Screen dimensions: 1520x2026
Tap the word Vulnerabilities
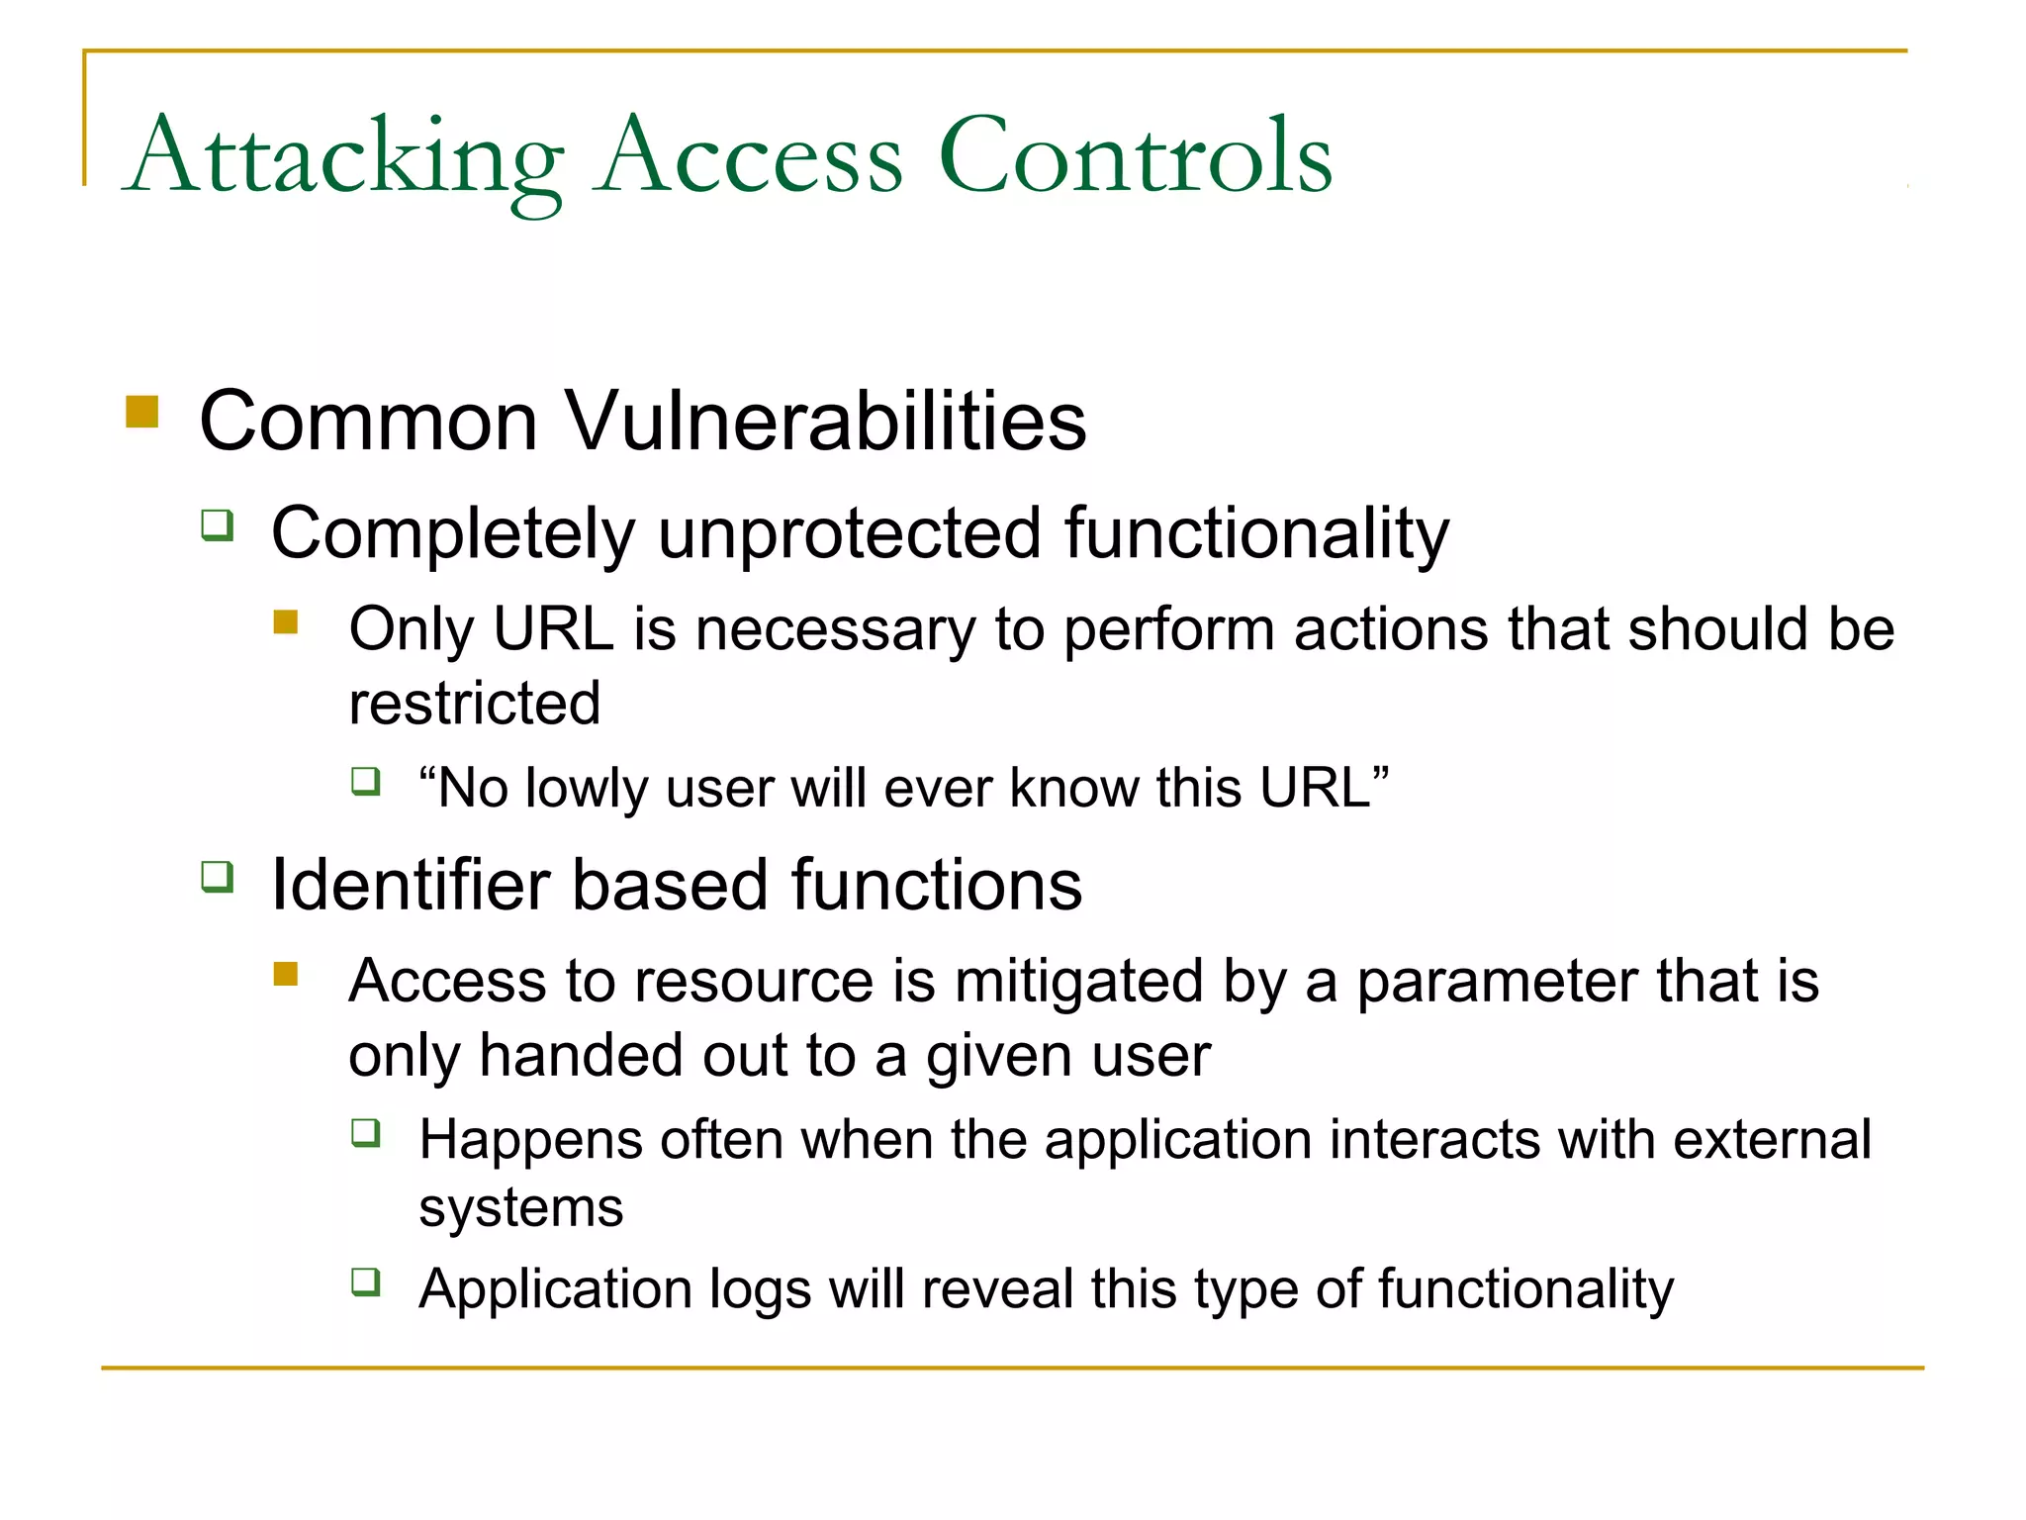[x=826, y=422]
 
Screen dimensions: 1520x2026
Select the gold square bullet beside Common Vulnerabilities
[x=142, y=412]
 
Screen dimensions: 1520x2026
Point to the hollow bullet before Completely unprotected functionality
[x=217, y=523]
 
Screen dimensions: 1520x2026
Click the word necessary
[x=835, y=630]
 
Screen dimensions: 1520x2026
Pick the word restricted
[x=475, y=704]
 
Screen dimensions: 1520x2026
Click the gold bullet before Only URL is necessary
[x=286, y=621]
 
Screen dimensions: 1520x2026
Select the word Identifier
[x=411, y=885]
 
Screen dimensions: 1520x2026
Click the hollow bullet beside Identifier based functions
[x=217, y=876]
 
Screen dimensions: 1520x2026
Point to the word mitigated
[x=1078, y=982]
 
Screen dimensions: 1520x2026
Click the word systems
[x=521, y=1208]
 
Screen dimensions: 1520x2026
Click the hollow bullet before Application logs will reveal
[x=366, y=1282]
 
